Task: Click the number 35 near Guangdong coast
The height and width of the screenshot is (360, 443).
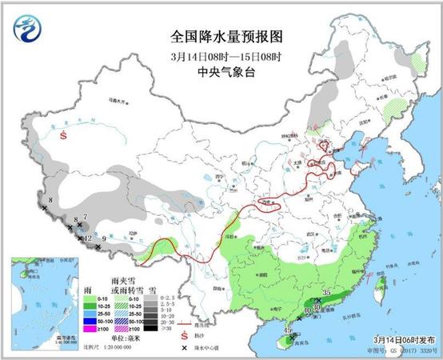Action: coord(326,293)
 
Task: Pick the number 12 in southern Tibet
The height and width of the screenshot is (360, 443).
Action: coord(88,238)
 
